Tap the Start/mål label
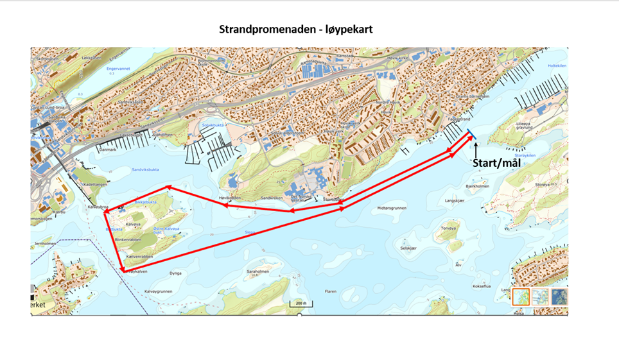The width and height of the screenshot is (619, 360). coord(496,162)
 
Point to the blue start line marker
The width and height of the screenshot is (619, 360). coord(471,135)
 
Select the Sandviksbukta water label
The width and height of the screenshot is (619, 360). coord(144,170)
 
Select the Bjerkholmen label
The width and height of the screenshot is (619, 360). coord(477,187)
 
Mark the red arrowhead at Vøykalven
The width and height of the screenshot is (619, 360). coord(122,270)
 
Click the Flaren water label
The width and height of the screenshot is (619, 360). coord(330,291)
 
